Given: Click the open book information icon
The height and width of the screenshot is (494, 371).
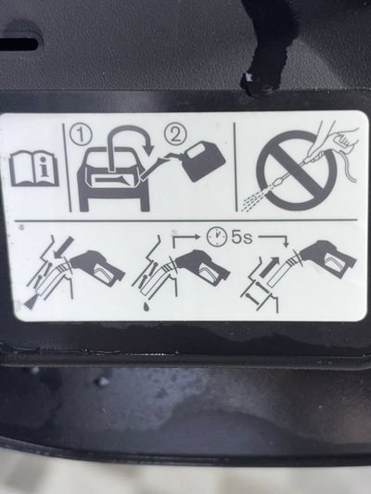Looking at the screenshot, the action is [34, 168].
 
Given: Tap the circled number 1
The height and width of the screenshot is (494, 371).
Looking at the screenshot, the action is [81, 135].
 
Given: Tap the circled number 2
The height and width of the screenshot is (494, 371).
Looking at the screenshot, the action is [175, 134].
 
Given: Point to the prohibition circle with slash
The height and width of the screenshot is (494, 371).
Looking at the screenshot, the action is [297, 171].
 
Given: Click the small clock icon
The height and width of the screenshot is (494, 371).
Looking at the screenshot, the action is [217, 237].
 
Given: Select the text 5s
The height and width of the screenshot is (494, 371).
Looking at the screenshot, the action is [242, 238].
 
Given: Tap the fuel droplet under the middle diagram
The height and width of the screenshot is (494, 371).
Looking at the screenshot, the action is [146, 307].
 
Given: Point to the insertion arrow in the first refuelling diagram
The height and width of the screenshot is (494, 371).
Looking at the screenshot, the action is [63, 247].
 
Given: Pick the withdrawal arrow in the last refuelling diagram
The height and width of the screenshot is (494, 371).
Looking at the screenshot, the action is [269, 267].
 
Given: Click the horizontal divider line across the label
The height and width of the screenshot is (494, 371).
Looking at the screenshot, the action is [186, 220].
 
